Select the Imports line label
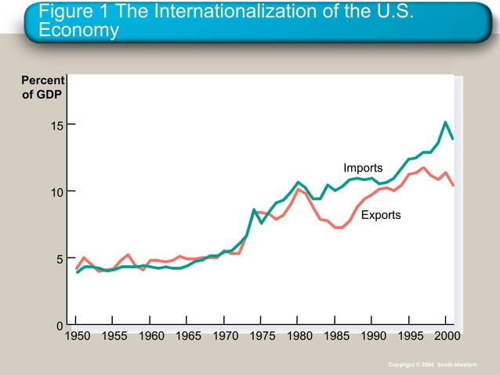click(363, 168)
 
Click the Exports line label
click(381, 215)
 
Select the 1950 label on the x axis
click(77, 337)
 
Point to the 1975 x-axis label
click(262, 337)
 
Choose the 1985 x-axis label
click(335, 337)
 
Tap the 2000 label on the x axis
click(446, 337)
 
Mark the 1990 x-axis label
click(372, 337)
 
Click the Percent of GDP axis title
click(42, 89)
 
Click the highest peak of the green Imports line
click(445, 122)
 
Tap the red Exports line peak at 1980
click(298, 188)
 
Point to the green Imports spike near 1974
click(254, 209)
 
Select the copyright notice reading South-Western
click(444, 366)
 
